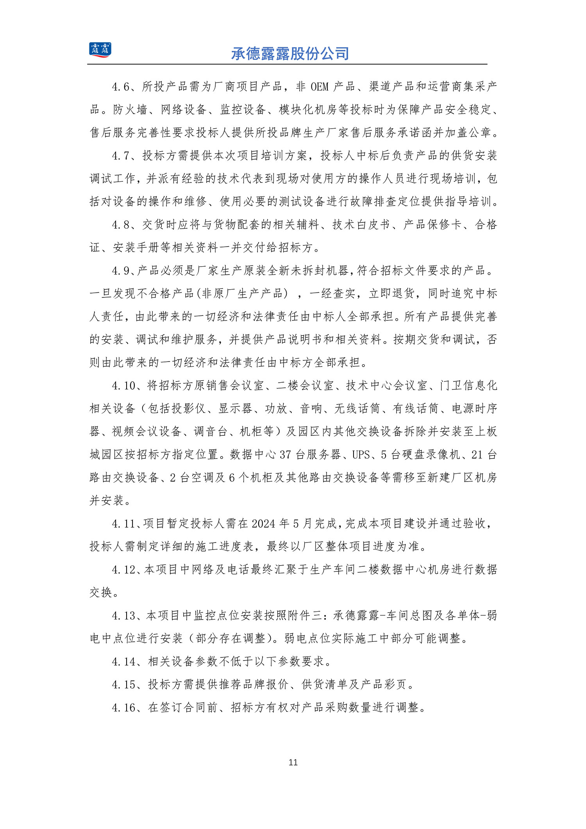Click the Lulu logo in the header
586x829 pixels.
pyautogui.click(x=100, y=50)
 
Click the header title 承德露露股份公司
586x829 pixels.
pyautogui.click(x=290, y=54)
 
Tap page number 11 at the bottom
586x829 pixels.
pyautogui.click(x=293, y=762)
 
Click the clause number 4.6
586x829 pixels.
pyautogui.click(x=121, y=87)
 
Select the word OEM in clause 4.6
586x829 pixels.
pyautogui.click(x=320, y=87)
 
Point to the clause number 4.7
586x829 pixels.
pyautogui.click(x=121, y=156)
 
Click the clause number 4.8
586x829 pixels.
pyautogui.click(x=121, y=225)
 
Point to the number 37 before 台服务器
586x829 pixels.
pyautogui.click(x=285, y=455)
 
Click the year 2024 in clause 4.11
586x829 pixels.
pyautogui.click(x=263, y=524)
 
